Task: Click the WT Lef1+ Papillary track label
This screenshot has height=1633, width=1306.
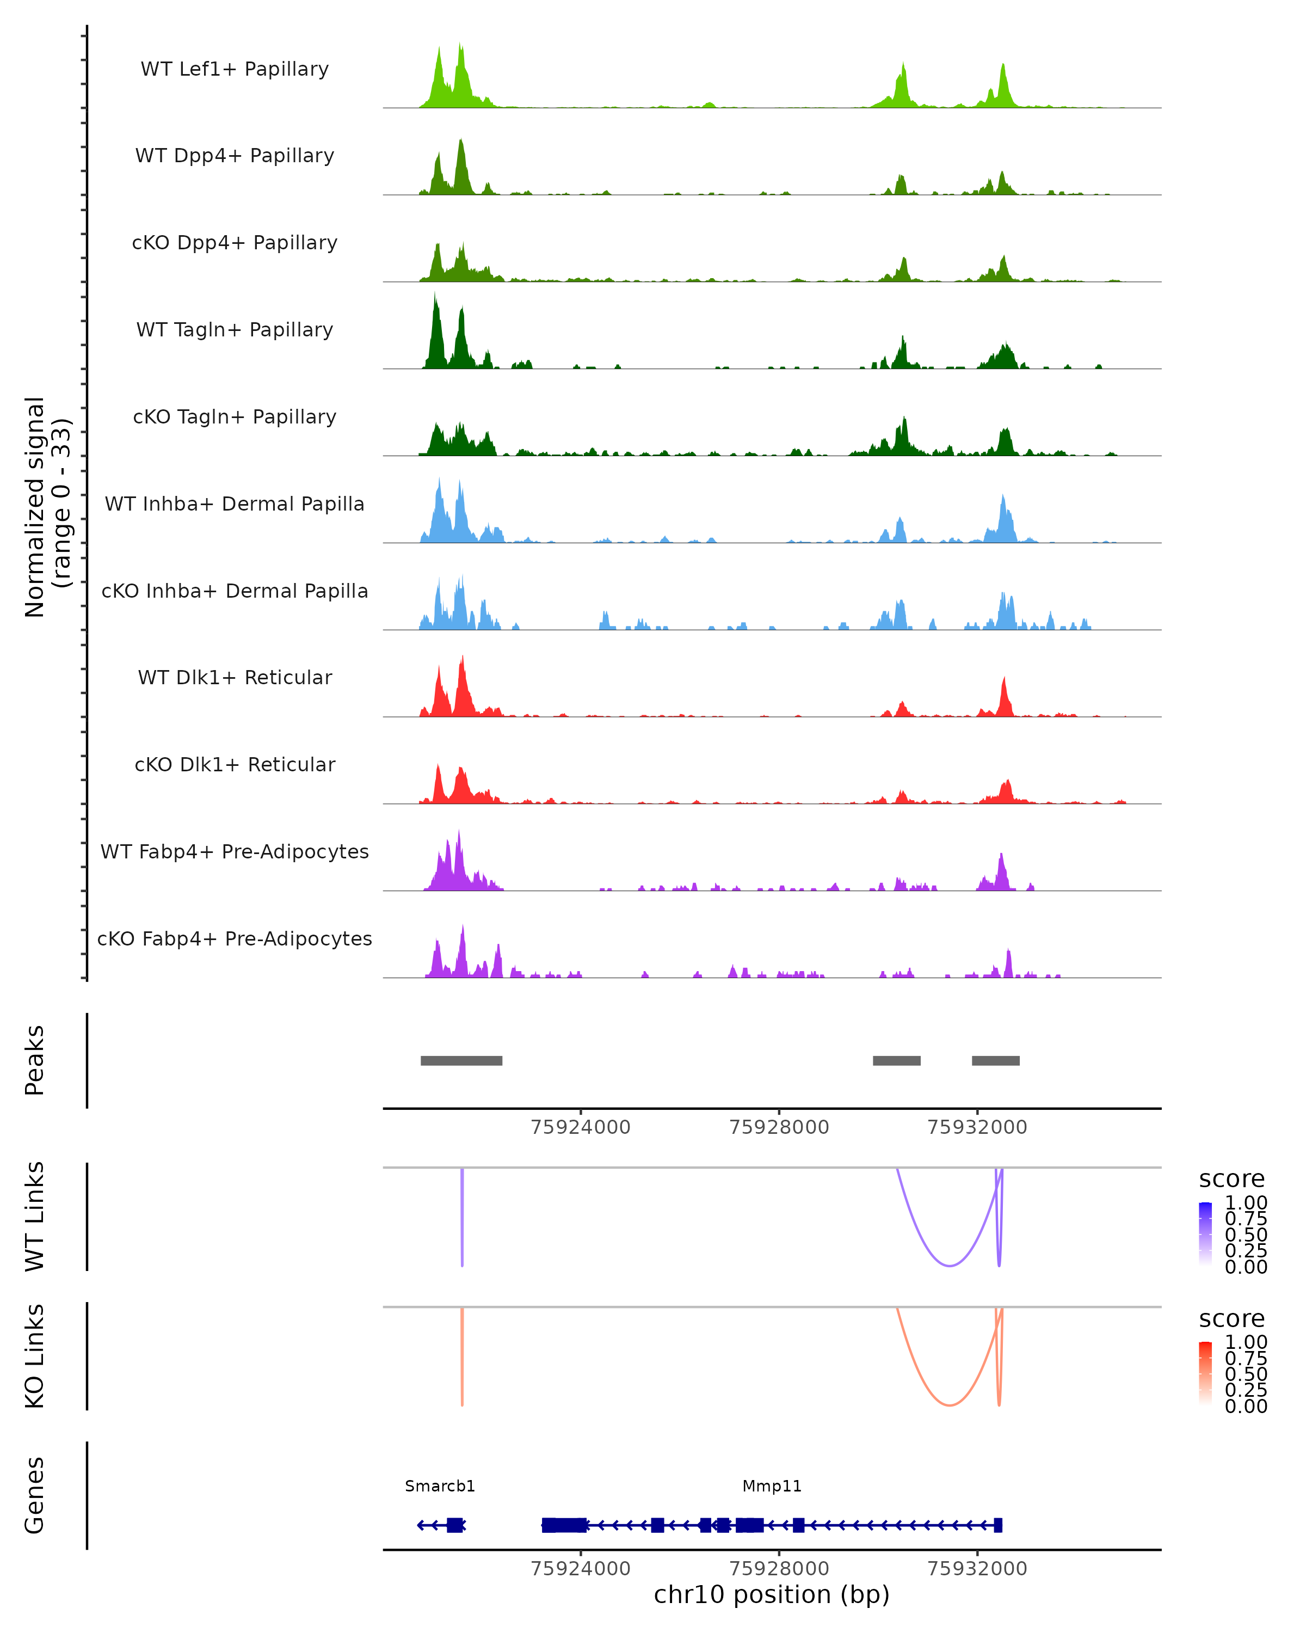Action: coord(235,69)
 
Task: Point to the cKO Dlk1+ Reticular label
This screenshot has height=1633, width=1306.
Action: coord(235,764)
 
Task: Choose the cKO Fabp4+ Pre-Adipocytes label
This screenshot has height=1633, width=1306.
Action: coord(235,938)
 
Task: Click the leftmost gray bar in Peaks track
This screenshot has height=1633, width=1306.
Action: coord(461,1060)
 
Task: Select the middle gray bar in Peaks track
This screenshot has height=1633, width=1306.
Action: coord(896,1060)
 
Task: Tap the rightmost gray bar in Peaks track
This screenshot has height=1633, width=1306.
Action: coord(996,1060)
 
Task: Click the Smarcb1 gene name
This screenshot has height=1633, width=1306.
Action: coord(440,1486)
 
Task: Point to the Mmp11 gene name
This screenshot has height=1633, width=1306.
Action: coord(772,1486)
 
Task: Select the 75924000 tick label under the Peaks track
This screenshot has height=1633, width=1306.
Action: coord(581,1127)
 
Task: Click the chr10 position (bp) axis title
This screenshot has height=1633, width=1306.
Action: coord(772,1595)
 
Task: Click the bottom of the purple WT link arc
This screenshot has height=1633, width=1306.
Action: coord(950,1265)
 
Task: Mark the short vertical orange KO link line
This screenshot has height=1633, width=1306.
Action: coord(462,1356)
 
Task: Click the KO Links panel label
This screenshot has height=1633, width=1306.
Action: coord(35,1356)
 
